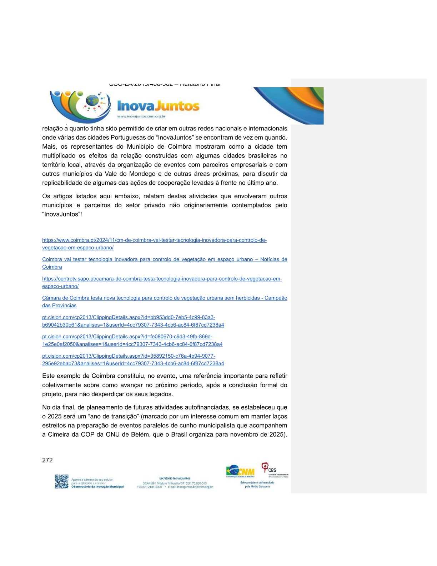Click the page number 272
tap(47, 460)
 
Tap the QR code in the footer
tap(61, 481)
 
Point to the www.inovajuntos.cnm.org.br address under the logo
tap(141, 116)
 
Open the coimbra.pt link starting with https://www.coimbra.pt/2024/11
tap(154, 240)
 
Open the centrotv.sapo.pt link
tap(162, 279)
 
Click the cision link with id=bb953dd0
tap(129, 318)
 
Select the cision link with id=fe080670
tap(127, 337)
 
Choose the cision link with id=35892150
tap(129, 356)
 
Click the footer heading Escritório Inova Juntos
tap(175, 478)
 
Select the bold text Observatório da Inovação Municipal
tap(97, 487)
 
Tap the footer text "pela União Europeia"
tap(257, 487)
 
